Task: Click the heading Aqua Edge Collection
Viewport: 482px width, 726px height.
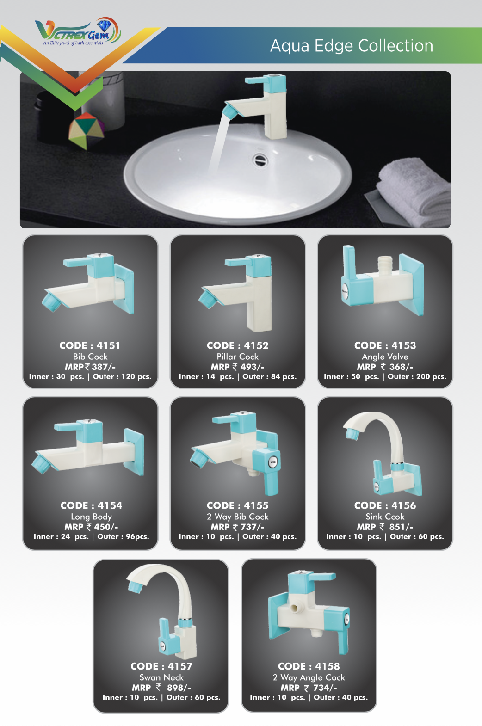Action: [x=352, y=46]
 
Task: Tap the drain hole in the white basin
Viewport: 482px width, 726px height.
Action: [x=260, y=160]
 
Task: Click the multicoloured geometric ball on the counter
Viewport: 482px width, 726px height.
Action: [x=87, y=130]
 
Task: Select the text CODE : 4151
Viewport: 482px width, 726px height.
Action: [x=90, y=345]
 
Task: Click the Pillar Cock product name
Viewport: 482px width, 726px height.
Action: [x=238, y=357]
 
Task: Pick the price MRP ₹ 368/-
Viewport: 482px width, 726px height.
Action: [x=385, y=367]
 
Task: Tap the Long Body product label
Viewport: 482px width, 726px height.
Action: [x=92, y=517]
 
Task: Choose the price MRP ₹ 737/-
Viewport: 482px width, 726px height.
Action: [x=238, y=527]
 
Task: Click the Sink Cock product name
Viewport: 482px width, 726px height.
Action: [x=385, y=517]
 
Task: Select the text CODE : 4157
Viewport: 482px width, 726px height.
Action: [x=161, y=666]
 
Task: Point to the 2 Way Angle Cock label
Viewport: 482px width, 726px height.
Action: [x=309, y=677]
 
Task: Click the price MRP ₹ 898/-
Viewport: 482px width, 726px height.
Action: [x=161, y=688]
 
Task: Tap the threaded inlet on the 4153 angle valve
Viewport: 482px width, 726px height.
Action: [x=385, y=265]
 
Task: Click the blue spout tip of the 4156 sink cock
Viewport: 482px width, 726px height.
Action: [x=352, y=434]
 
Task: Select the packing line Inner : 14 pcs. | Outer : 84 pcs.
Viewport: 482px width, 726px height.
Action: [x=238, y=376]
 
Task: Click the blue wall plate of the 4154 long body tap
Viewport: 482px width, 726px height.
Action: [x=134, y=452]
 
